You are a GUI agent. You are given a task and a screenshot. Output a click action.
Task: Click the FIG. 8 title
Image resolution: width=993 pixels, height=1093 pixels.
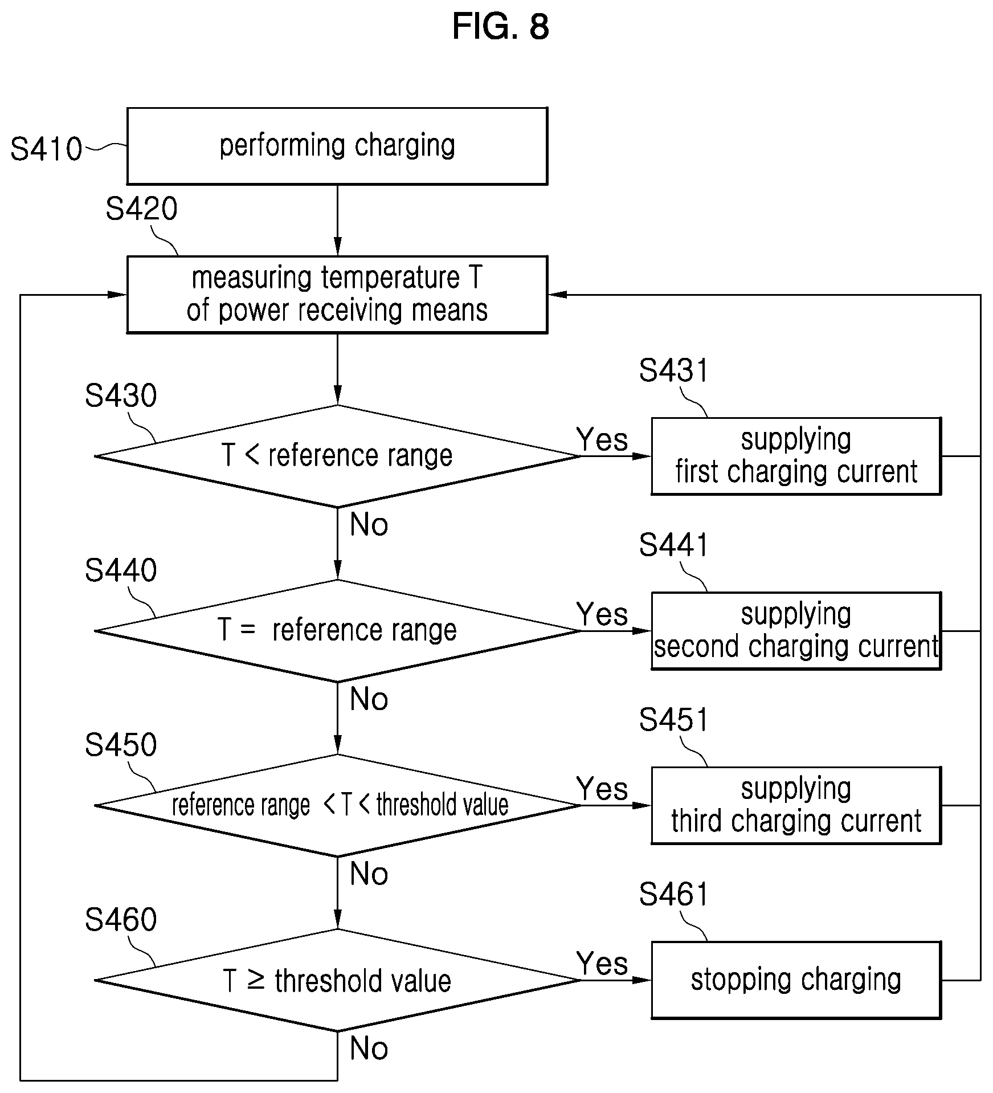[500, 27]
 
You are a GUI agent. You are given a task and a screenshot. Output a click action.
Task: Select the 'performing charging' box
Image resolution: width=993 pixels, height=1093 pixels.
[337, 146]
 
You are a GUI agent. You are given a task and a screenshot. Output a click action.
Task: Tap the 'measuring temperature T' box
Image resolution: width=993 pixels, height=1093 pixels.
[337, 295]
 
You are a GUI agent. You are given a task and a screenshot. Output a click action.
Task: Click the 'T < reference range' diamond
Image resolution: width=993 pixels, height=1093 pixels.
[337, 456]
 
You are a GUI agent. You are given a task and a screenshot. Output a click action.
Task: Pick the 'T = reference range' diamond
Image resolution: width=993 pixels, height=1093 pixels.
[337, 631]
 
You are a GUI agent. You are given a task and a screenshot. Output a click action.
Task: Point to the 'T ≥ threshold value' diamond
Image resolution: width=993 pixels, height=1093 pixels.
[337, 980]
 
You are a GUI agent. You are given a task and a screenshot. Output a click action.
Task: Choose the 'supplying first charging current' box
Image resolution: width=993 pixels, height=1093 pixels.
[796, 456]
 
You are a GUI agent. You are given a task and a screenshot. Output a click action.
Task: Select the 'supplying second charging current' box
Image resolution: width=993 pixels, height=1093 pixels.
[796, 631]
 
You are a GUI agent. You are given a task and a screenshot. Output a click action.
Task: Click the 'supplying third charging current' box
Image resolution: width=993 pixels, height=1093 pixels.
[796, 805]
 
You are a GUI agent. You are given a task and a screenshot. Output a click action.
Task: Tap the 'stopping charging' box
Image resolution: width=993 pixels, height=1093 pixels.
[796, 980]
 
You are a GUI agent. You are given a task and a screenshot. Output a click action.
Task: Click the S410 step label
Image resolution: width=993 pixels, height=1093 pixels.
[46, 149]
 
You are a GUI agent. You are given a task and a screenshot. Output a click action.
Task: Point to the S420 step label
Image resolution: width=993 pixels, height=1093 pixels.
[141, 209]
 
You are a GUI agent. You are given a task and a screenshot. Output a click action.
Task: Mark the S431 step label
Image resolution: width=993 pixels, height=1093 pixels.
[673, 370]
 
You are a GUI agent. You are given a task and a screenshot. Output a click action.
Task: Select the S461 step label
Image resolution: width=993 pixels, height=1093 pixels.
[673, 894]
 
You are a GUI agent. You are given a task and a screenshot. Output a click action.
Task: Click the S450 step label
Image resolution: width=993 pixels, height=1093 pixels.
[121, 745]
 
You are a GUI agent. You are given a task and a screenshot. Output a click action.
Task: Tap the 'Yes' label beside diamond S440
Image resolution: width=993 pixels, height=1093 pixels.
[602, 614]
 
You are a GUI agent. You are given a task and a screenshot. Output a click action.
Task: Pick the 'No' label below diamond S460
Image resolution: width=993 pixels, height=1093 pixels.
[369, 1049]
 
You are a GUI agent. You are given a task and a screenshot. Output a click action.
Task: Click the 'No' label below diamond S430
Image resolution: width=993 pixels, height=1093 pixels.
[369, 524]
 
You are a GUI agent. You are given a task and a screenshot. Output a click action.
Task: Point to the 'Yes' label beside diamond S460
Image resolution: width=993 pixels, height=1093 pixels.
[602, 964]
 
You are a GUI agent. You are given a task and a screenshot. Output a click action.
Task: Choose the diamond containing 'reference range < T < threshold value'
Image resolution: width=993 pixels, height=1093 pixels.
[337, 805]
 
